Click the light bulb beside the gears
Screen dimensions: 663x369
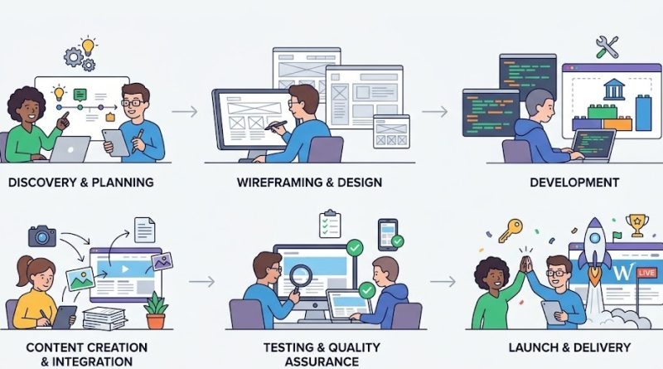[88, 46]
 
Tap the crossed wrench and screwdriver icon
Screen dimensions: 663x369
[607, 46]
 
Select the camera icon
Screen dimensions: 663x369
[42, 235]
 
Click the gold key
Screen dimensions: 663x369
[510, 230]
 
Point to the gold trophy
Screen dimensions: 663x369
[636, 225]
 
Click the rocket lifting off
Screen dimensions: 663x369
[594, 250]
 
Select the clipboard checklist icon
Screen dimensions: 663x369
[330, 223]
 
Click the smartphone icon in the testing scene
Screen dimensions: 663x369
[387, 234]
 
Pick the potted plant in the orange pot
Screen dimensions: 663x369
[156, 311]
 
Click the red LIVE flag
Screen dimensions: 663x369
[646, 273]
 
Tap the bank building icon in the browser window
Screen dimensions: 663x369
[614, 89]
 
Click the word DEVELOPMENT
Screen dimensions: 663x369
[574, 182]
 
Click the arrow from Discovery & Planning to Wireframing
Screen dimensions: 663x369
[185, 112]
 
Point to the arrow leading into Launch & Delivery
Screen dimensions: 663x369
[443, 281]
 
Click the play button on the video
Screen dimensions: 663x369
[125, 269]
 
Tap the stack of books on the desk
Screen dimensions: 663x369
[104, 318]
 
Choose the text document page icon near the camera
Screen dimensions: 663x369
[144, 230]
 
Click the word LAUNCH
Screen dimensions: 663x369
[533, 347]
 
